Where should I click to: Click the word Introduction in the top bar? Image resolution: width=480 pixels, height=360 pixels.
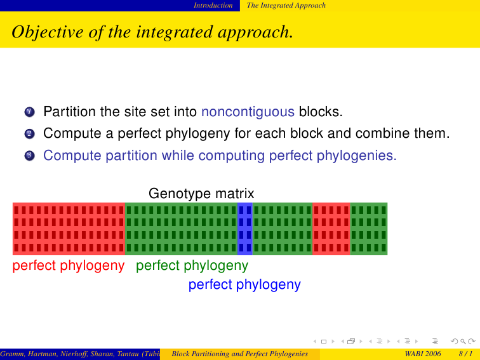tap(213, 6)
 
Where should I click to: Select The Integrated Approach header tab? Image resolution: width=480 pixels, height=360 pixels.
tap(286, 6)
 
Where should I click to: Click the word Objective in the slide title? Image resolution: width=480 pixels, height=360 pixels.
tap(48, 32)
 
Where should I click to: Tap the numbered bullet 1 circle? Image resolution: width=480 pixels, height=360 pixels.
tap(29, 112)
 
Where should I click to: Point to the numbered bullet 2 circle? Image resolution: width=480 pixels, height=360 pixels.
tap(29, 134)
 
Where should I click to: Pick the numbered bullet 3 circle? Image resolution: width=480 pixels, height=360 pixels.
tap(29, 156)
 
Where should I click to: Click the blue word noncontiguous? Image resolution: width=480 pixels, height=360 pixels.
tap(248, 112)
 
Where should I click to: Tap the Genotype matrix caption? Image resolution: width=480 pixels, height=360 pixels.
tap(201, 194)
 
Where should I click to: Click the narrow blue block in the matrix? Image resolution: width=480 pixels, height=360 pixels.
tap(245, 229)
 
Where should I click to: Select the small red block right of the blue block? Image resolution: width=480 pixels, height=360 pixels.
tap(331, 229)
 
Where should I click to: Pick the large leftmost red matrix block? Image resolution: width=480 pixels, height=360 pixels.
tap(69, 229)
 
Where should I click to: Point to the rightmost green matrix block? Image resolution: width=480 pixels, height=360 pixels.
tap(369, 229)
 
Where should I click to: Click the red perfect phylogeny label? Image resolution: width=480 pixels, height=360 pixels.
tap(69, 265)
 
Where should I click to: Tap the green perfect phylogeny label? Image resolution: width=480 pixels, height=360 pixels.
tap(192, 265)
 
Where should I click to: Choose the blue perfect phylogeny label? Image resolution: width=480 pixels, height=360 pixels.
tap(244, 284)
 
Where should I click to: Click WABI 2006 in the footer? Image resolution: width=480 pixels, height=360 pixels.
tap(423, 354)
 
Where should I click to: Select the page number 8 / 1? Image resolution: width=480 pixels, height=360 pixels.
tap(465, 354)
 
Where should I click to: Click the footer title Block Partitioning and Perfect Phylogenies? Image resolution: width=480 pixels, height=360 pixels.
tap(240, 354)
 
